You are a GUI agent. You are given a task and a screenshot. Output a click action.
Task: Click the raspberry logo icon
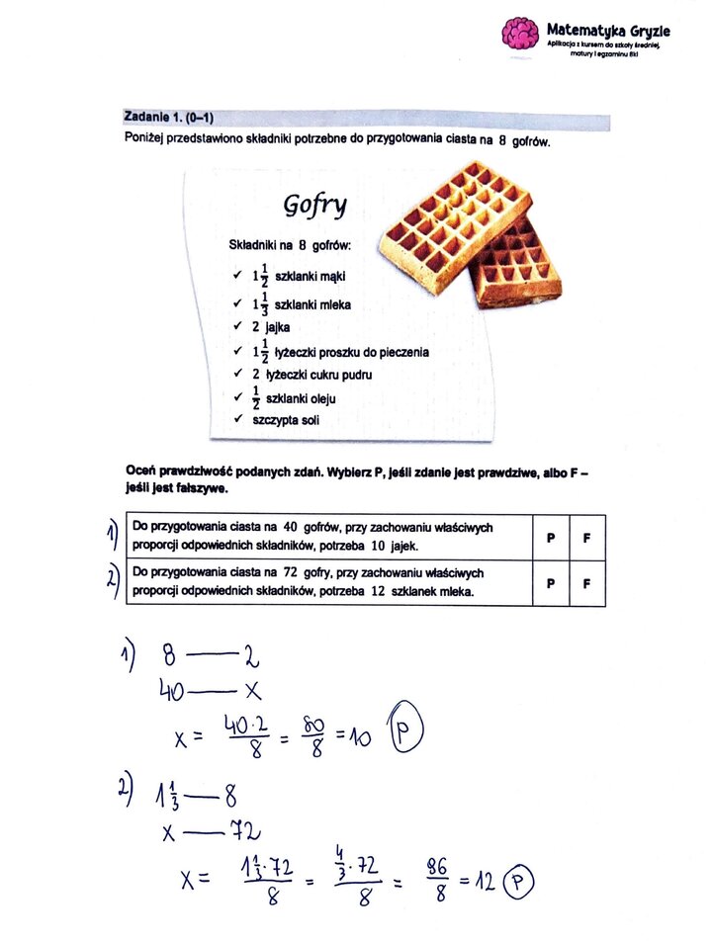click(519, 33)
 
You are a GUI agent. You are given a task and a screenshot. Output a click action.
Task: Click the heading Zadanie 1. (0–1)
click(168, 118)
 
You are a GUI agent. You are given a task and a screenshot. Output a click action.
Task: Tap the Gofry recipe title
click(314, 205)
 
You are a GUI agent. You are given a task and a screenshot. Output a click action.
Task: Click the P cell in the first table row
click(550, 537)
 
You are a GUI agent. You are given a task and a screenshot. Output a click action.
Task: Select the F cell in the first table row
click(586, 537)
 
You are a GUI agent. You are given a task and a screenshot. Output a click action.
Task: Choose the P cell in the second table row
click(550, 583)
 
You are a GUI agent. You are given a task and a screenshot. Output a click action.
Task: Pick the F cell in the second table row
click(586, 583)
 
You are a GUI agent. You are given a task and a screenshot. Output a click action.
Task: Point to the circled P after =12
click(518, 881)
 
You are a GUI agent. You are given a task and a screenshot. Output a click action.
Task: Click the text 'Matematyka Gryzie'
click(609, 29)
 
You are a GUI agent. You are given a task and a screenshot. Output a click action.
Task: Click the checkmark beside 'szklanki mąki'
click(235, 276)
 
